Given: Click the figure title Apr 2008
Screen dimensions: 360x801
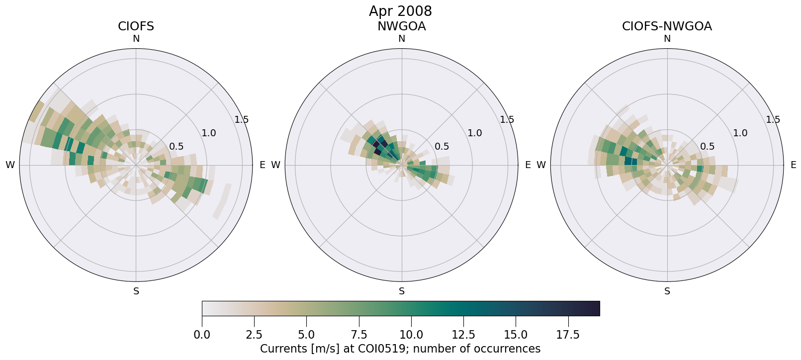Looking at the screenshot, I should click(400, 11).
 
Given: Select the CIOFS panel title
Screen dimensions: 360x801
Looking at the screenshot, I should click(136, 26).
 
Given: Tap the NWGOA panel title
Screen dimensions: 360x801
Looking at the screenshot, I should click(401, 26).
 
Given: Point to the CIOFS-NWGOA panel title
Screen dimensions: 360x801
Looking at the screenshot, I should click(667, 26).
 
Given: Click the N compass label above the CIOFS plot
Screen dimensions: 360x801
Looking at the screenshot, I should click(136, 39).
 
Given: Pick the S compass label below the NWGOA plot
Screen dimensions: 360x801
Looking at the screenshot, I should click(401, 291).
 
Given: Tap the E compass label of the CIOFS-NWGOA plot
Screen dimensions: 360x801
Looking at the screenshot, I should click(793, 165).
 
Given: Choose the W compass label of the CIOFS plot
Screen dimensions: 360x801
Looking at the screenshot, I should click(10, 165).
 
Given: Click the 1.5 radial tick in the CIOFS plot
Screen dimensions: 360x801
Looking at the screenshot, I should click(242, 119).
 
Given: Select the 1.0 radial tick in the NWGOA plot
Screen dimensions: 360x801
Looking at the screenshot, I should click(474, 133).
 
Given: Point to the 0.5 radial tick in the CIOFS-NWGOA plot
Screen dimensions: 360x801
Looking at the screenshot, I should click(707, 146).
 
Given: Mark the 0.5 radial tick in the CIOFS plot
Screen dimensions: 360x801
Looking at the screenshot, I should click(176, 146).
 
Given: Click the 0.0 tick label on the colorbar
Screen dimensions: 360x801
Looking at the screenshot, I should click(202, 335).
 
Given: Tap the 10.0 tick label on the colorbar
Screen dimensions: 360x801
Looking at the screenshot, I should click(411, 335).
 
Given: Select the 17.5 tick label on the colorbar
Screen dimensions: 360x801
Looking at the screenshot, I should click(568, 335).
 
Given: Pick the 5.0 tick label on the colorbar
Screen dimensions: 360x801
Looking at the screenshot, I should click(306, 335).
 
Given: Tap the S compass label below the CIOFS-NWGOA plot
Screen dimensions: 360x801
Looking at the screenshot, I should click(667, 291).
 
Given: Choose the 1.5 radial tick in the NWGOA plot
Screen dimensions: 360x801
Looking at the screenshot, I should click(507, 119).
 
